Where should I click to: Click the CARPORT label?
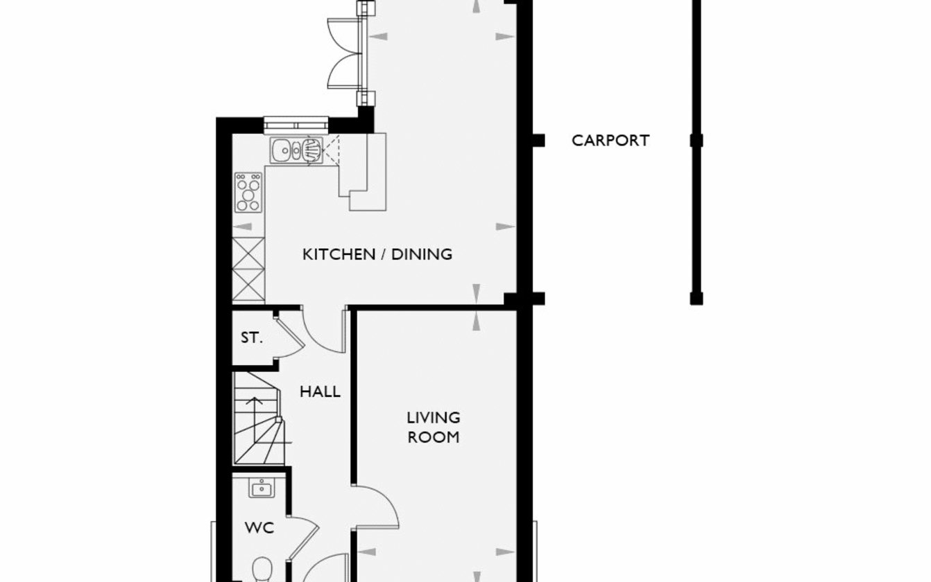(610, 141)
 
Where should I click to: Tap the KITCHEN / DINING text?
(377, 254)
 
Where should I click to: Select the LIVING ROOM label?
(434, 427)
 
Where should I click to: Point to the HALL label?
(320, 391)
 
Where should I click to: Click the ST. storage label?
(251, 338)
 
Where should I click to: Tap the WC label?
(259, 528)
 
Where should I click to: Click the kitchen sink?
(296, 150)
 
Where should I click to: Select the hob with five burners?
(248, 193)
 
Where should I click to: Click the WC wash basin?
(262, 488)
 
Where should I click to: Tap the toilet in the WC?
(262, 570)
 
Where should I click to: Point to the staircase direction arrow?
(255, 411)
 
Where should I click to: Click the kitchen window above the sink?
(296, 125)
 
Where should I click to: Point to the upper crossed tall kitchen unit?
(248, 253)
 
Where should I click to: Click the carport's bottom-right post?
(697, 299)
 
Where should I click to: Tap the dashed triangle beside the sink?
(331, 150)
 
